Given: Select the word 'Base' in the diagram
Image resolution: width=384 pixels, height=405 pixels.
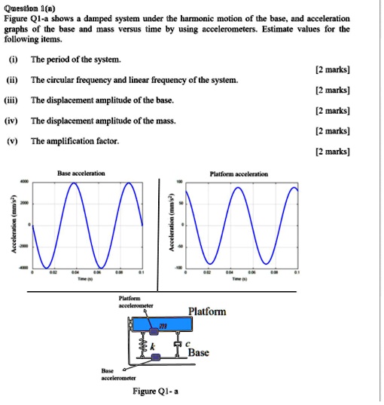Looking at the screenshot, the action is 199,352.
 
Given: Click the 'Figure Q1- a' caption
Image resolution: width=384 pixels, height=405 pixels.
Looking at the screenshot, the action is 155,391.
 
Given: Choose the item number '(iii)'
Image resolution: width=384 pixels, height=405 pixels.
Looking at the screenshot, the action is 13,100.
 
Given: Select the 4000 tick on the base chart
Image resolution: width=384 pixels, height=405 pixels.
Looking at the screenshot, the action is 25,181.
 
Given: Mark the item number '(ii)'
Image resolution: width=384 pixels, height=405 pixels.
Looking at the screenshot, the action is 12,79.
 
